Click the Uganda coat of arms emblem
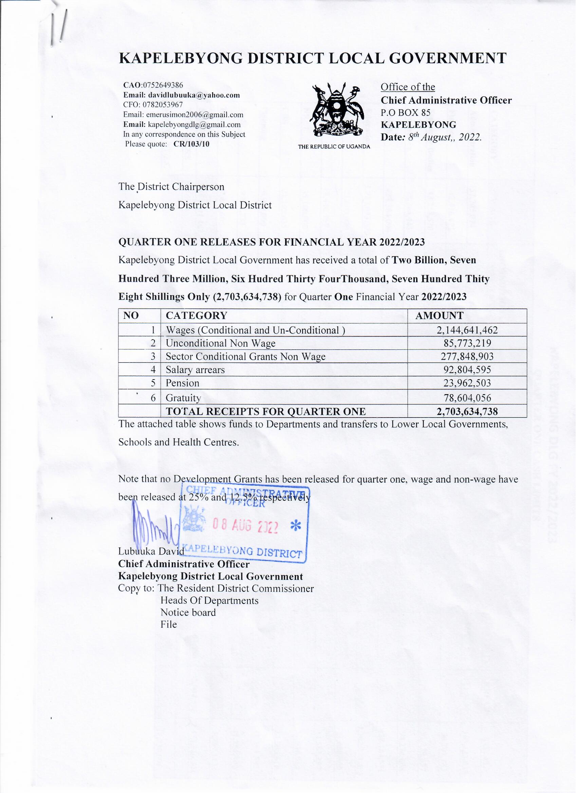(334, 110)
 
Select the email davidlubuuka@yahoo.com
(194, 95)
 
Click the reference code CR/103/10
(191, 144)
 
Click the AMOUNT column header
(440, 316)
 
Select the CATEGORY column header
(197, 316)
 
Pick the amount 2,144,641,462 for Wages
(467, 330)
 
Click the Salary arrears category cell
(195, 370)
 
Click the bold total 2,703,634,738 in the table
(467, 411)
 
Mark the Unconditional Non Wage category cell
(221, 343)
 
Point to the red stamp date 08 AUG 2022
(245, 526)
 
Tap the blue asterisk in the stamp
(296, 526)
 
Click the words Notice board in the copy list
(188, 613)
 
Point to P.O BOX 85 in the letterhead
(406, 113)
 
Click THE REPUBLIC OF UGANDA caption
(334, 147)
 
